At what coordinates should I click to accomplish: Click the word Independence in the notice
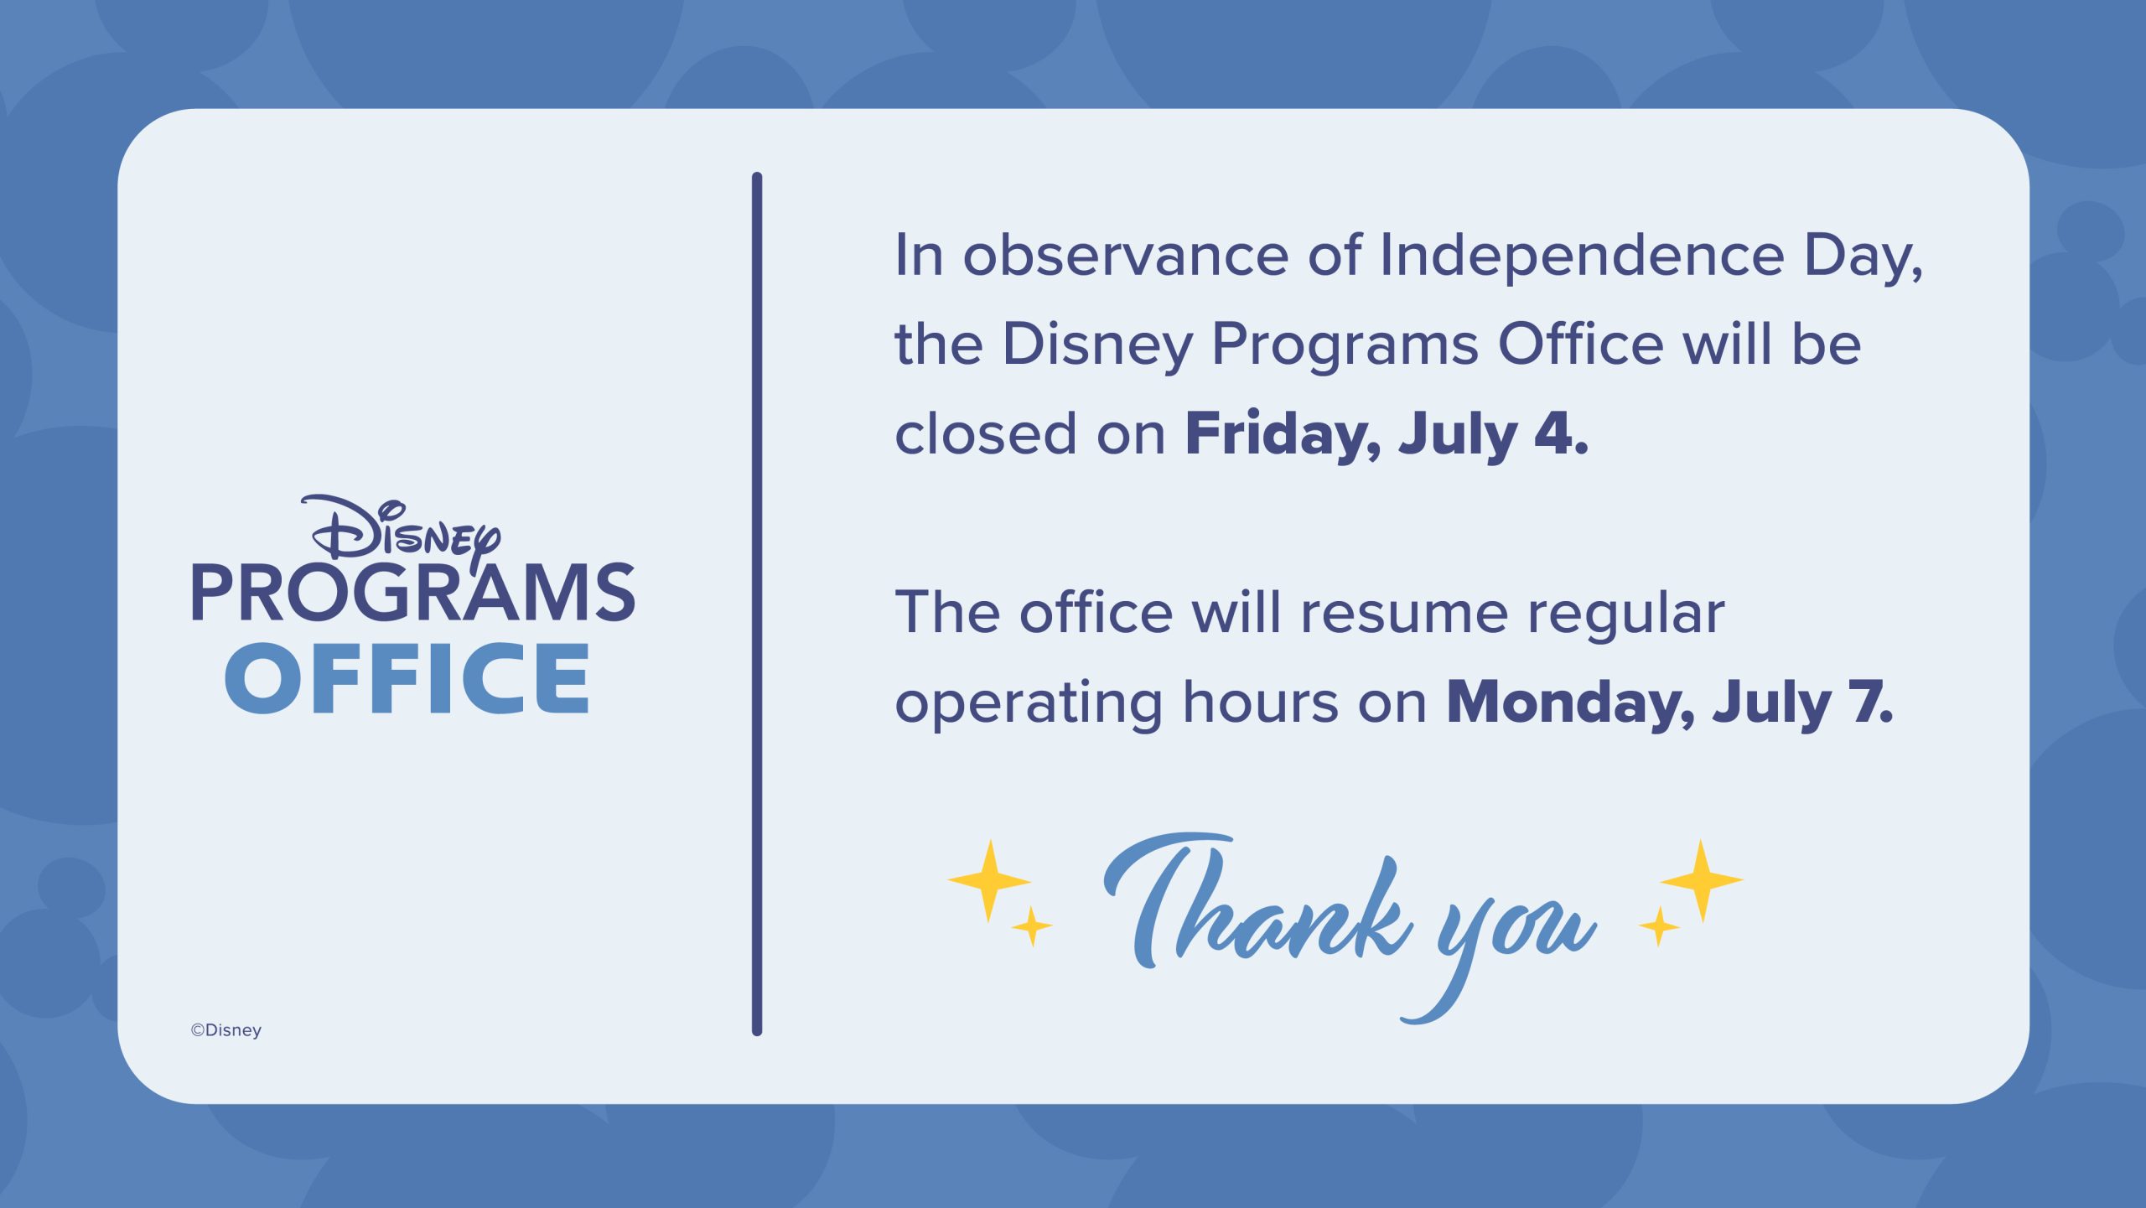1582,257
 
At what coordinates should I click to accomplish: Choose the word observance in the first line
1125,255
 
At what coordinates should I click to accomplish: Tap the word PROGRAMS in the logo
413,592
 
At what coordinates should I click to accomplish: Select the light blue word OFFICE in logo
407,678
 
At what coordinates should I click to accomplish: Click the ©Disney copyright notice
226,1030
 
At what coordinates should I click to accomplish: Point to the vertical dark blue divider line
757,604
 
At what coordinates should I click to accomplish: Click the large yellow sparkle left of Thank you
989,880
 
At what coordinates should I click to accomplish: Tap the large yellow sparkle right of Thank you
1702,880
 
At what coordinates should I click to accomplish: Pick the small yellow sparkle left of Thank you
1032,926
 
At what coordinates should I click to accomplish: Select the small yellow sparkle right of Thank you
1659,926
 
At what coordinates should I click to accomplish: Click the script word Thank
1257,901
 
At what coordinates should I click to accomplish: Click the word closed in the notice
986,433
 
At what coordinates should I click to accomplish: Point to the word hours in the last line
1261,702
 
